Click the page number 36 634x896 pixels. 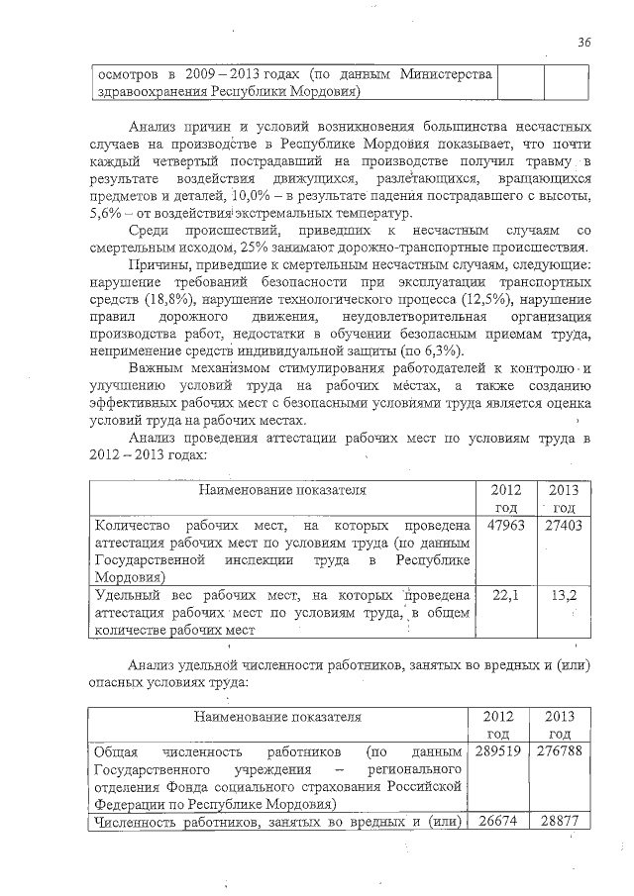tap(584, 43)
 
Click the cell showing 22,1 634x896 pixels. tap(506, 594)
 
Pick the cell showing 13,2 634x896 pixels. tap(564, 594)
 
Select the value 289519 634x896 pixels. tap(501, 752)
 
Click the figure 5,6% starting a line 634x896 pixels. tap(105, 214)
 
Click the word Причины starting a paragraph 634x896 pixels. tap(159, 265)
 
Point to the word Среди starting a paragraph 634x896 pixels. tap(151, 231)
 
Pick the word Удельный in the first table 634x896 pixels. tap(127, 594)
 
